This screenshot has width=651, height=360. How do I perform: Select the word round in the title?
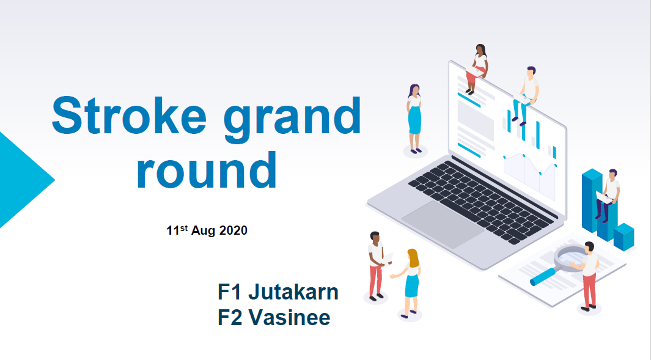coord(207,170)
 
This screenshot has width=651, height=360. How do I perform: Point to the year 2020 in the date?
coord(234,230)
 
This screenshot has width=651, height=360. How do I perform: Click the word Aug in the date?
coord(204,231)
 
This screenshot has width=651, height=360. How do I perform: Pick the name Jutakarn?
coord(293,292)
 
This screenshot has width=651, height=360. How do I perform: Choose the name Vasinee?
coord(289,318)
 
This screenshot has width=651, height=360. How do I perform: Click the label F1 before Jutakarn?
coord(229,292)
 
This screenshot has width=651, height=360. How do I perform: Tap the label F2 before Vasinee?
coord(230,318)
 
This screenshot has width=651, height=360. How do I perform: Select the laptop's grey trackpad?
coord(443,224)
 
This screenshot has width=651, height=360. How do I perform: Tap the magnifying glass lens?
coord(572,257)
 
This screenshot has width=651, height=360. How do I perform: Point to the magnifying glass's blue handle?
coord(543,276)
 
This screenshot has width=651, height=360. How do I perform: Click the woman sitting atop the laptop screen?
coord(477,68)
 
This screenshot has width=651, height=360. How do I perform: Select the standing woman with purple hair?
coord(414,119)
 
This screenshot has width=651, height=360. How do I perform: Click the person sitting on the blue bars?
coord(608,194)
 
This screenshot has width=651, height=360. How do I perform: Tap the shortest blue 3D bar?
coord(623,237)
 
